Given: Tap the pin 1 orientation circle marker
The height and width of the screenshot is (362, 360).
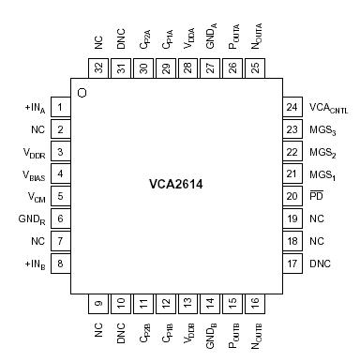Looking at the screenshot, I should click(x=82, y=92).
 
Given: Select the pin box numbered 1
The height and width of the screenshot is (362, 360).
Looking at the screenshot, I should click(x=60, y=108).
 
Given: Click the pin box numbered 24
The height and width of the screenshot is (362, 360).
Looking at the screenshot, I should click(x=292, y=108).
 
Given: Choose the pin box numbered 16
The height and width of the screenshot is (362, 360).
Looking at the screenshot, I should click(x=255, y=302).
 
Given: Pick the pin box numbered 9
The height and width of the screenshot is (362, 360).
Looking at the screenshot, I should click(x=98, y=302).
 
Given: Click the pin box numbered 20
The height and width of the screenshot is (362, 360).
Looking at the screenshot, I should click(x=292, y=196).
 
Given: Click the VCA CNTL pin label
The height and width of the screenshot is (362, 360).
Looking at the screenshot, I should click(x=328, y=109).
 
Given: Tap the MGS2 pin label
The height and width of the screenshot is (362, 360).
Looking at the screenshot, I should click(x=322, y=153).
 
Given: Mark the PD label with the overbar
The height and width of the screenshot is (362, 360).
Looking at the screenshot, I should click(x=316, y=196).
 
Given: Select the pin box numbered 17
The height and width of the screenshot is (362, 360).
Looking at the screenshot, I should click(x=292, y=263).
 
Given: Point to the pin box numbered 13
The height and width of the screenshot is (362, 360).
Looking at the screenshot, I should click(x=187, y=302).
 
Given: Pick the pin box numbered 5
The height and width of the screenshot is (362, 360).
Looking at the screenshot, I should click(x=60, y=196).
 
